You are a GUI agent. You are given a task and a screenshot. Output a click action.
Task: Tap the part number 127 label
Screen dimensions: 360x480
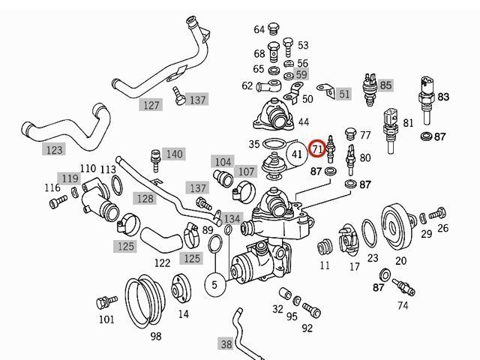tap(151, 105)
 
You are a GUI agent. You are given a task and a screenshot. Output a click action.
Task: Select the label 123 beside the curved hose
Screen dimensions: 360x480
tap(55, 150)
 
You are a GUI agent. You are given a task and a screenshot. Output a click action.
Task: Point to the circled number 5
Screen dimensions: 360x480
tap(214, 285)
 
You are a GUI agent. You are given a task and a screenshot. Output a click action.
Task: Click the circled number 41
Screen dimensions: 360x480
tap(298, 154)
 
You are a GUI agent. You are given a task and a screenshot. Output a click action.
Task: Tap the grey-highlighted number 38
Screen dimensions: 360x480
tap(226, 344)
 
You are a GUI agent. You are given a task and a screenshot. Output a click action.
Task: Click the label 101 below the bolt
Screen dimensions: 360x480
tap(106, 319)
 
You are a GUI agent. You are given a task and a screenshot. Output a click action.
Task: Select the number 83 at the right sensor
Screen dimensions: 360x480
tap(443, 97)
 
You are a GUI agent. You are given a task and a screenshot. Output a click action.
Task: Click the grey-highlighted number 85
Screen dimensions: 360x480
tap(385, 85)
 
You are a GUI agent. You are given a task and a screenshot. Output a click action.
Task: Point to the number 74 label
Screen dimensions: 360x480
tap(403, 305)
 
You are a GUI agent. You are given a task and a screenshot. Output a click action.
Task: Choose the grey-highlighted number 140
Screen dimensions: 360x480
tap(173, 154)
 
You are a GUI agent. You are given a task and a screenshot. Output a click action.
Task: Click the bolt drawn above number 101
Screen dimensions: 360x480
tap(103, 303)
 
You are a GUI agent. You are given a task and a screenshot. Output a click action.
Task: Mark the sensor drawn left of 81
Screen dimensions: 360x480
tap(390, 124)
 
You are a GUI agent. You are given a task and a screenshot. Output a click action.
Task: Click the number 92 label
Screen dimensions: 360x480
tap(307, 328)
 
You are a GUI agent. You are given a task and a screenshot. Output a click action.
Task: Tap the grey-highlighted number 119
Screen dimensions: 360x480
tap(69, 178)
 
